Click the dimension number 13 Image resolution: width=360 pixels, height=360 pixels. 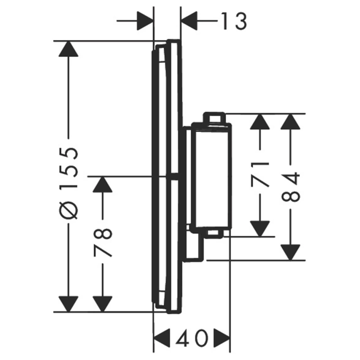click(x=234, y=21)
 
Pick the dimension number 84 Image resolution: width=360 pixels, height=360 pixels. click(x=291, y=187)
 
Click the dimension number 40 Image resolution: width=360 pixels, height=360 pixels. click(x=192, y=338)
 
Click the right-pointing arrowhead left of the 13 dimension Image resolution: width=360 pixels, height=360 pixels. click(x=145, y=21)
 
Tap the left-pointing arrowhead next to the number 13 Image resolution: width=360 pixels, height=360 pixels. click(x=189, y=21)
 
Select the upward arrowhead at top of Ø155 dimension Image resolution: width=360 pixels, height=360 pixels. click(x=69, y=49)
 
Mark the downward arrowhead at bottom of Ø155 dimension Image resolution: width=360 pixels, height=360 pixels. click(x=69, y=304)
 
